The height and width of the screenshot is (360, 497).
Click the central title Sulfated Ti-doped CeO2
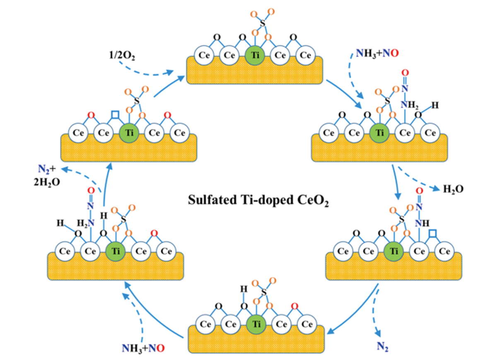coord(258,202)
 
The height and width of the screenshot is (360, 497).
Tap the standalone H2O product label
coord(453,189)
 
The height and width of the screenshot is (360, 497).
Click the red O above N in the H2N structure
coord(91,191)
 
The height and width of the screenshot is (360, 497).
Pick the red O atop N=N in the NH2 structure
coord(405,73)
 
